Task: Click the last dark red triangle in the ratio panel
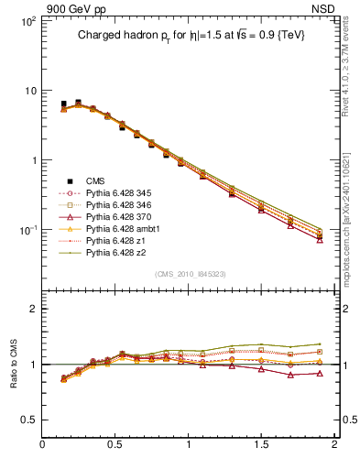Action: [320, 373]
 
